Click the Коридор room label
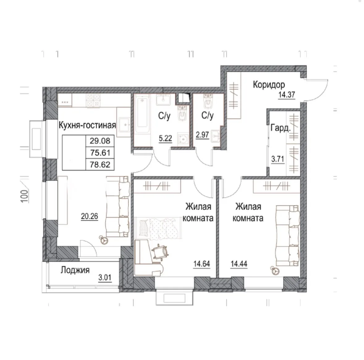coord(269,85)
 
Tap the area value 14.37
coord(287,95)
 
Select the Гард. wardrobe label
coord(280,128)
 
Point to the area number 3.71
coord(278,159)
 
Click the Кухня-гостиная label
coord(87,125)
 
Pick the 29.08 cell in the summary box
coord(100,141)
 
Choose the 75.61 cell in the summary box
coord(100,153)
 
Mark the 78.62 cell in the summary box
coord(100,165)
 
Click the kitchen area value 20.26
coord(90,216)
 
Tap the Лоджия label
coord(75,270)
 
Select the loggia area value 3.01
coord(105,278)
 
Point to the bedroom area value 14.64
coord(202,264)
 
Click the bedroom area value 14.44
coord(239,264)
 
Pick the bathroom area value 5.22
coord(165,139)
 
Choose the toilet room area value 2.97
coord(203,135)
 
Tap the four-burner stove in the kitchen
coord(93,100)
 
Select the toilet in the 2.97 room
coord(208,101)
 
